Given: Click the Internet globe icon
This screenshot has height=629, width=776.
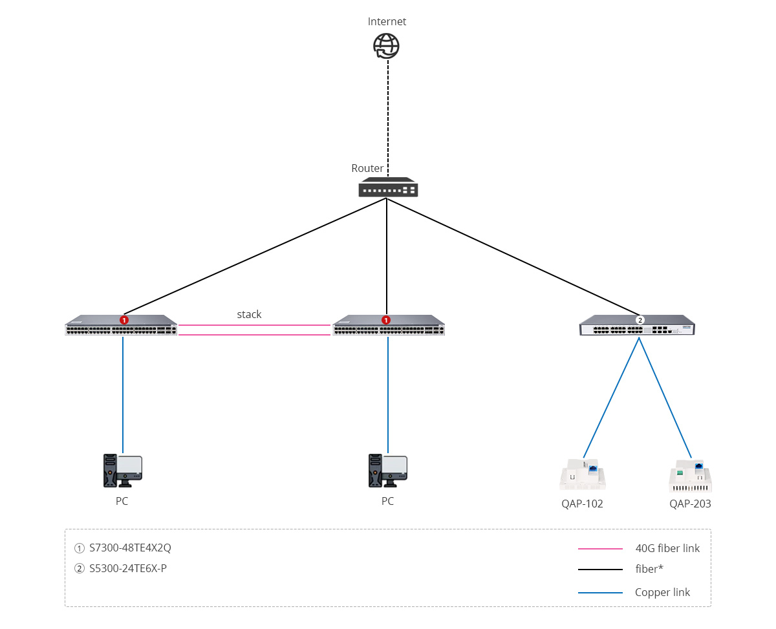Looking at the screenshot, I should tap(387, 46).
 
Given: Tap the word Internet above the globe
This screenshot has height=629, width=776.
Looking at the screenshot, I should tap(387, 21).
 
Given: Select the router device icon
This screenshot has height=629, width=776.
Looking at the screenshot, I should tap(388, 187).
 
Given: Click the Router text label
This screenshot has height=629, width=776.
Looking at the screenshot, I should tap(367, 168).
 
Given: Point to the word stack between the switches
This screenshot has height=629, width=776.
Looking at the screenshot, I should tap(249, 314).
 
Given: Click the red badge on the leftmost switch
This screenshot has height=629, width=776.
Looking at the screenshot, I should tap(124, 320).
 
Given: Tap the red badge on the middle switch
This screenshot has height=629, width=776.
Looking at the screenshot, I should tap(386, 320).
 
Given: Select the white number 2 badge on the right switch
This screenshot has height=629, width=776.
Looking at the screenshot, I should tap(640, 320).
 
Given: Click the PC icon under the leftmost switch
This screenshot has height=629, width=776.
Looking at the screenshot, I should tap(122, 470).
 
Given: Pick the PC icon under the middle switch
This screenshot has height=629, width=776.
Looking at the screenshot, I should tap(388, 470).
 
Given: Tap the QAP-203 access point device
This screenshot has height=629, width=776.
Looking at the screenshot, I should tap(691, 476).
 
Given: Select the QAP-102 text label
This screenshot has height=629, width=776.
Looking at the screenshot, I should tap(582, 504).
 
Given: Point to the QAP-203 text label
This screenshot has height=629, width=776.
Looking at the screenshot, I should tap(690, 504).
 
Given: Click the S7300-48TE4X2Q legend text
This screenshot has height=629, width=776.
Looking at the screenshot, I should tap(130, 548).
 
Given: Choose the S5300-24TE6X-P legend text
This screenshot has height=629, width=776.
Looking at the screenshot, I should tap(128, 568).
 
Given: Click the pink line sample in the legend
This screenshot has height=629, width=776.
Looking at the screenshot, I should tap(600, 549).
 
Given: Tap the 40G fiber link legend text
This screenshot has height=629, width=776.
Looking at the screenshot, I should tap(667, 548).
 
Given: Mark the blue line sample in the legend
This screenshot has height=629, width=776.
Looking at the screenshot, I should tap(600, 593).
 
